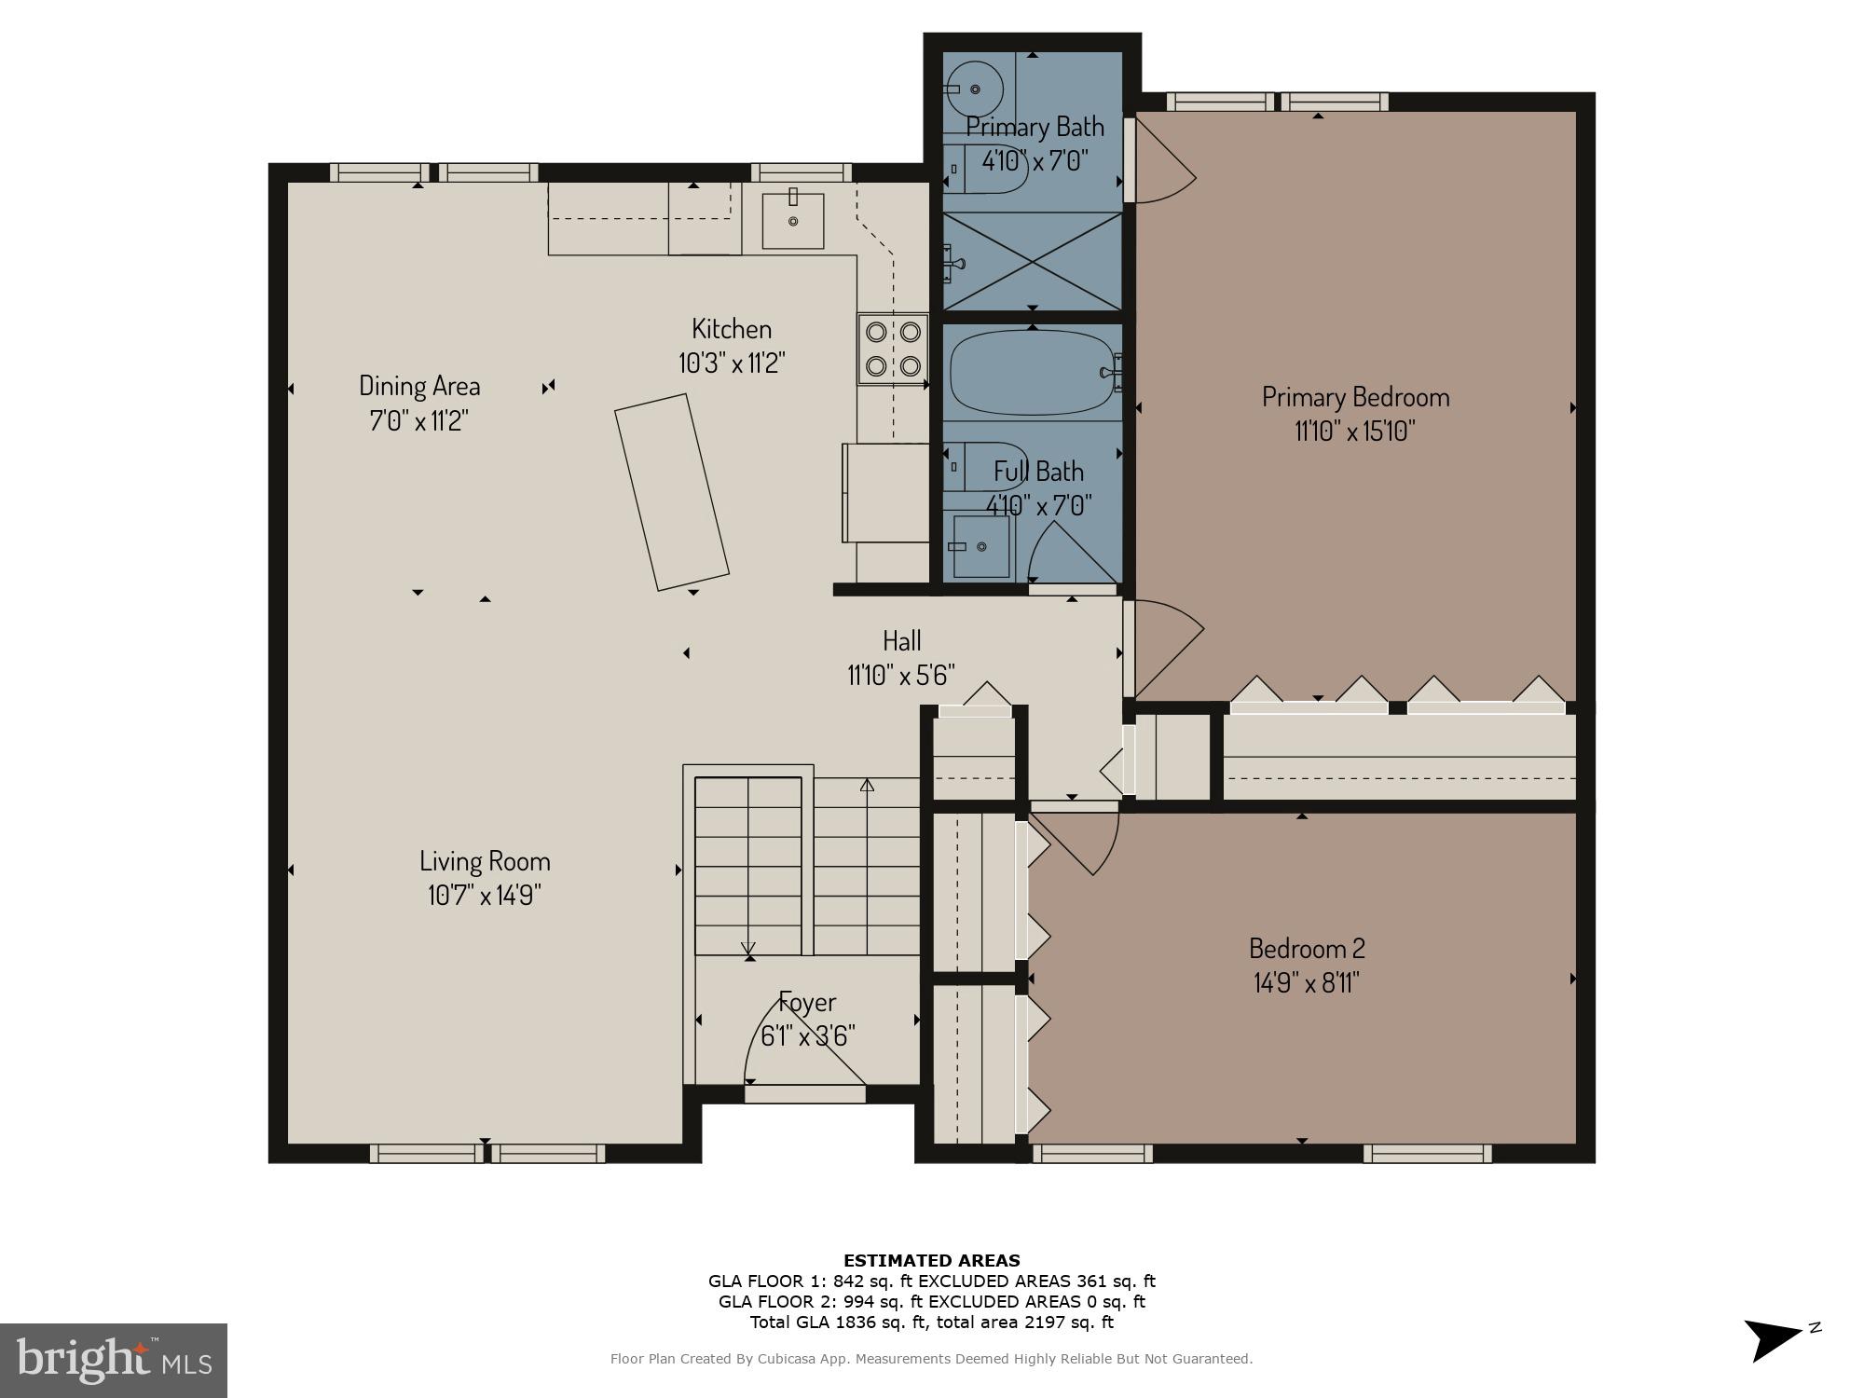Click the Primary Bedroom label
[x=1355, y=397]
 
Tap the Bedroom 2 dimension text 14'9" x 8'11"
[x=1306, y=983]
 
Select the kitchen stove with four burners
[x=893, y=349]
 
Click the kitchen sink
[x=793, y=221]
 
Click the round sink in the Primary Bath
[x=973, y=89]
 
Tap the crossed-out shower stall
[x=1033, y=261]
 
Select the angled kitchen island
[x=671, y=491]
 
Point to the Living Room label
[x=485, y=860]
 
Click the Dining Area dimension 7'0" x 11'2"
[x=418, y=420]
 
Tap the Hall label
[x=901, y=640]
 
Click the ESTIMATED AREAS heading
[x=931, y=1260]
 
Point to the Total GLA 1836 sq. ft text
[x=931, y=1322]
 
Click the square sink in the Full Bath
[x=980, y=545]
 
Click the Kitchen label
[x=731, y=328]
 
